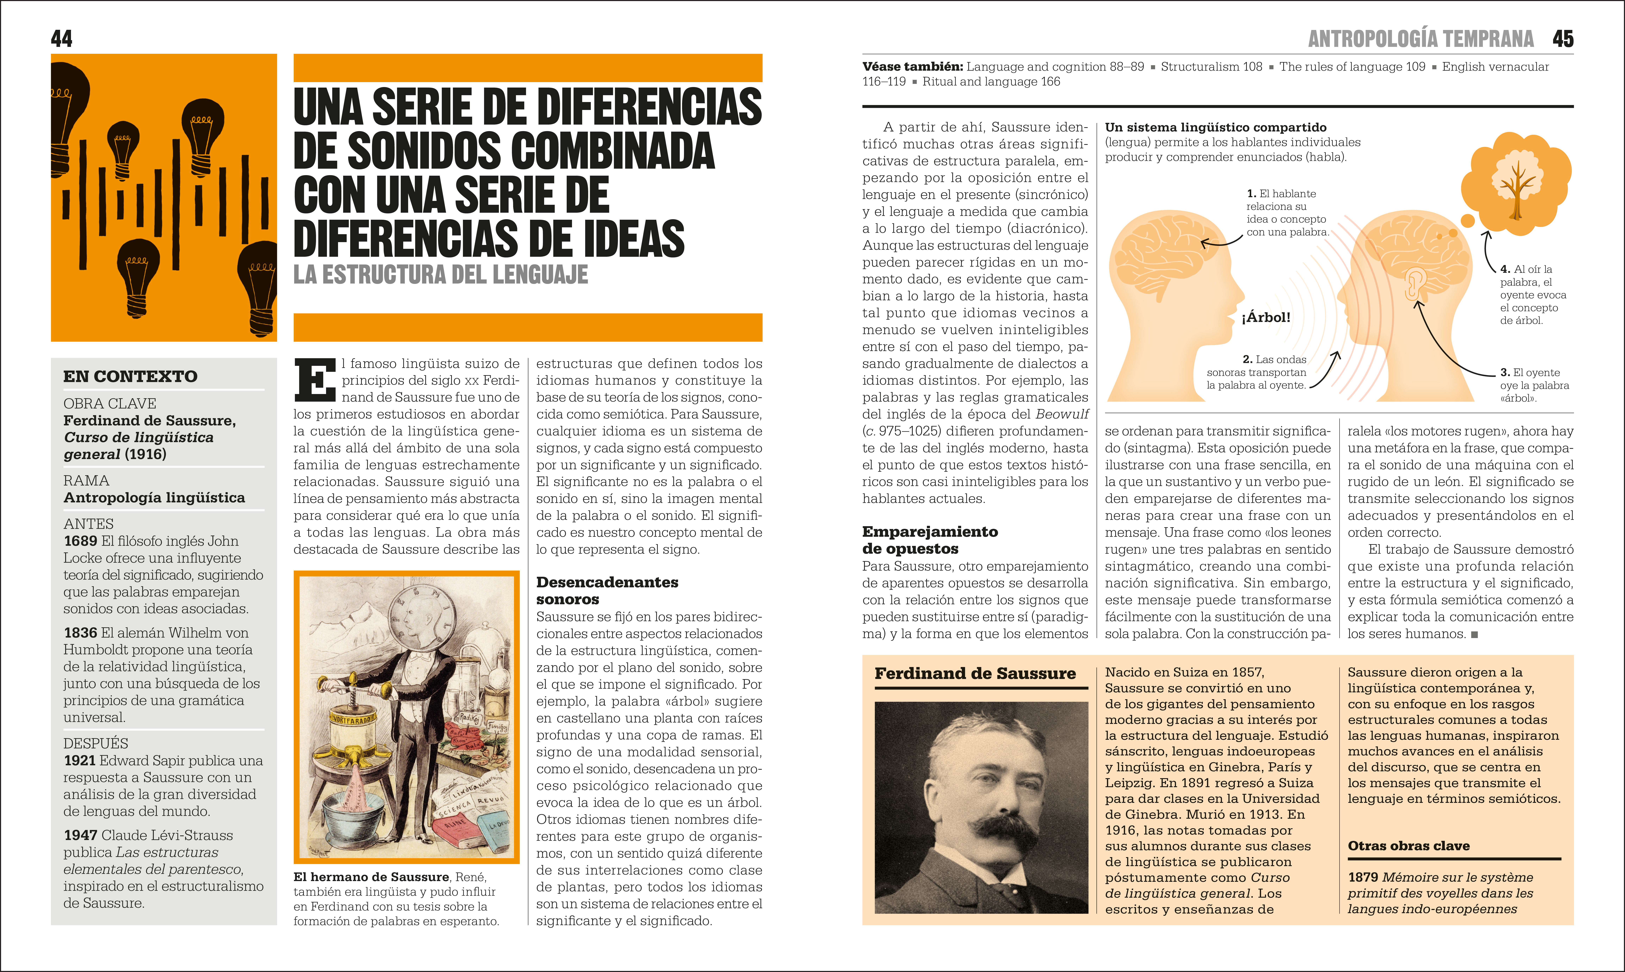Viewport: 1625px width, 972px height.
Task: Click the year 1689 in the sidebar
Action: pos(80,541)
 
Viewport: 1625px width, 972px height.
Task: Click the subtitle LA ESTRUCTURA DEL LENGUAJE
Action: pos(441,274)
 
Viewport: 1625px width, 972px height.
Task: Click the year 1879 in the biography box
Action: pos(1363,877)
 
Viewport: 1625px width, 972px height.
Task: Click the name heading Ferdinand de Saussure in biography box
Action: pos(975,673)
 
